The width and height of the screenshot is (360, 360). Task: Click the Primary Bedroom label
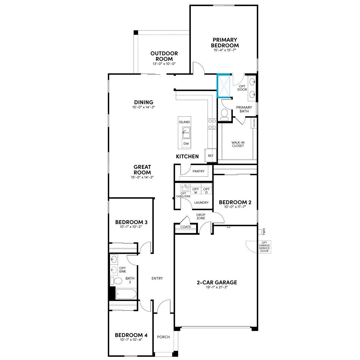(225, 43)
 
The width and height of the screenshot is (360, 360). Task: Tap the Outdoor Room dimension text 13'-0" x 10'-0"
(164, 64)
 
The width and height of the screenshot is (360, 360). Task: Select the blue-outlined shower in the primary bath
(223, 86)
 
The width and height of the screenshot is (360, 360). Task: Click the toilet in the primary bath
(224, 114)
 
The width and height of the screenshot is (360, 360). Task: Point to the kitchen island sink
(186, 133)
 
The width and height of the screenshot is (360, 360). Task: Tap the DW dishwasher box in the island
(186, 144)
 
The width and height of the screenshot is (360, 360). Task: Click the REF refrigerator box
(211, 155)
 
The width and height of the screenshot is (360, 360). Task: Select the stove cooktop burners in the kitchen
(212, 124)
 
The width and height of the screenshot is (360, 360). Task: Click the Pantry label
(198, 171)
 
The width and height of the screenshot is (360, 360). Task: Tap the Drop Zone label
(201, 216)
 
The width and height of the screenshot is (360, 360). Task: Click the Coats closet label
(185, 227)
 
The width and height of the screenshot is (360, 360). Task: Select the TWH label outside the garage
(264, 232)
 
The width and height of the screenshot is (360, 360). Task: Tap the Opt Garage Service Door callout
(264, 247)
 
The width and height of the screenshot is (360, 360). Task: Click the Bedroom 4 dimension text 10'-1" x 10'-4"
(131, 340)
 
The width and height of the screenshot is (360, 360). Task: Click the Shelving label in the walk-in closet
(254, 123)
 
